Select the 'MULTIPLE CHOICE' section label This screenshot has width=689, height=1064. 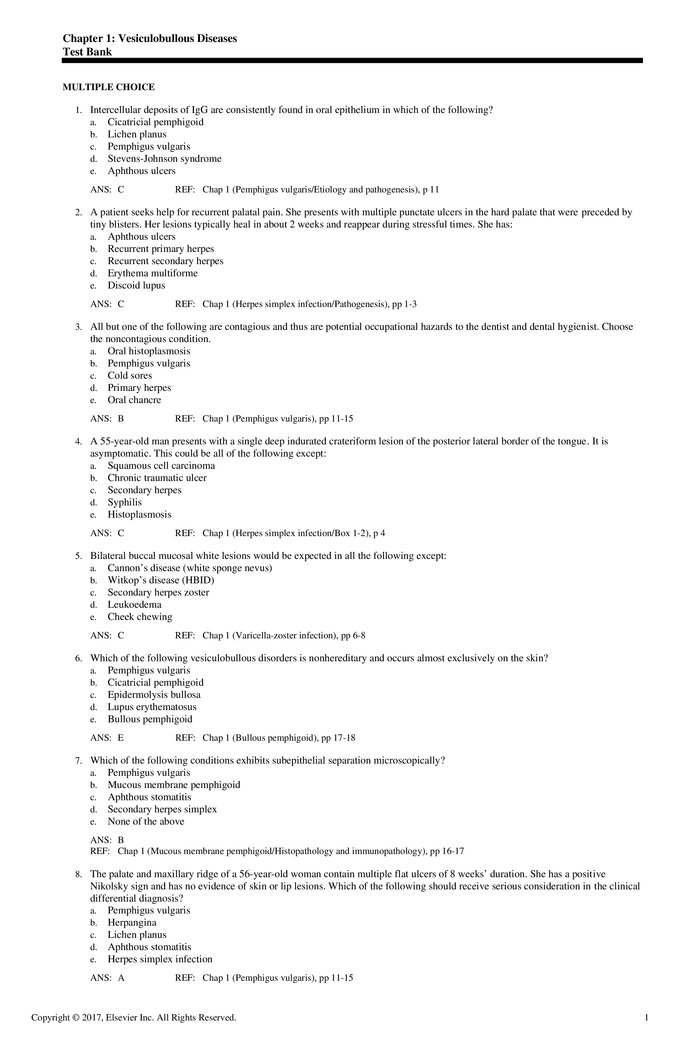pyautogui.click(x=109, y=87)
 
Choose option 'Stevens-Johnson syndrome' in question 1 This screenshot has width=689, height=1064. pyautogui.click(x=164, y=159)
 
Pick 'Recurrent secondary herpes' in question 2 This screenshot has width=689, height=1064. pyautogui.click(x=165, y=261)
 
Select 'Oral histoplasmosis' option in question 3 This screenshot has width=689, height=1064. pyautogui.click(x=148, y=351)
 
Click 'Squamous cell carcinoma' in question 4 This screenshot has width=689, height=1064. pyautogui.click(x=161, y=466)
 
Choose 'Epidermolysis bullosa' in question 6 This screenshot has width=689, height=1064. pyautogui.click(x=154, y=695)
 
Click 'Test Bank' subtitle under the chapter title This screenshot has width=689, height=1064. pyautogui.click(x=87, y=52)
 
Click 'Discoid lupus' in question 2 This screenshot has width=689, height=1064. pyautogui.click(x=136, y=286)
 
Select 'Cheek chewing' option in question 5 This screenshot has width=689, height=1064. pyautogui.click(x=140, y=617)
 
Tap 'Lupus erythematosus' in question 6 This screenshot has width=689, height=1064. pyautogui.click(x=152, y=707)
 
